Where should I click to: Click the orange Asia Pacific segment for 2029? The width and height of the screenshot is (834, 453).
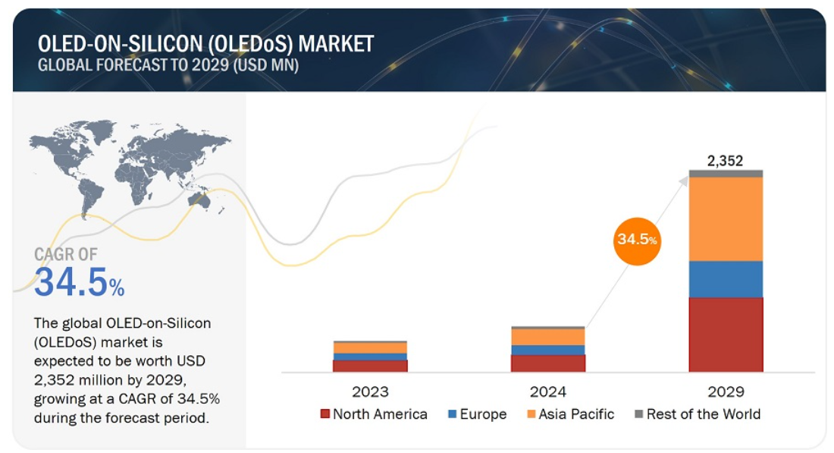(726, 219)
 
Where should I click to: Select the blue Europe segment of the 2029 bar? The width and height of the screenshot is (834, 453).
(726, 278)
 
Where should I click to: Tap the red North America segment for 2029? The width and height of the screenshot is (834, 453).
(726, 334)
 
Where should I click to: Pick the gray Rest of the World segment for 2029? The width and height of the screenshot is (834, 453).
(726, 174)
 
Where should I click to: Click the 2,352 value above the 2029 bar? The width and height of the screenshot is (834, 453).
(725, 160)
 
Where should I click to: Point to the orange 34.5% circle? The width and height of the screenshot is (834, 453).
(637, 240)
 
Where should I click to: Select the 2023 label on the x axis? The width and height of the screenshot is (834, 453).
(370, 392)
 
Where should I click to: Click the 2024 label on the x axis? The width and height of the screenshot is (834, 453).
(548, 392)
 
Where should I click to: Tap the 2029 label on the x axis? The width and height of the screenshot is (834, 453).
(726, 392)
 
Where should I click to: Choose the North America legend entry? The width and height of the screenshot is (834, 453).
(374, 414)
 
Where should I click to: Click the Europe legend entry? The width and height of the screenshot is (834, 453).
(477, 414)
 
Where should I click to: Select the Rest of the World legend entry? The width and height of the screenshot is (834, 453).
(697, 414)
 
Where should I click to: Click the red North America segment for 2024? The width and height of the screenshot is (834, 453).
(548, 363)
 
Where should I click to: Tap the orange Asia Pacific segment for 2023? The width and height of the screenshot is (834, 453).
(370, 348)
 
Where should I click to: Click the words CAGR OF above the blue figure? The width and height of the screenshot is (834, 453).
(66, 254)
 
